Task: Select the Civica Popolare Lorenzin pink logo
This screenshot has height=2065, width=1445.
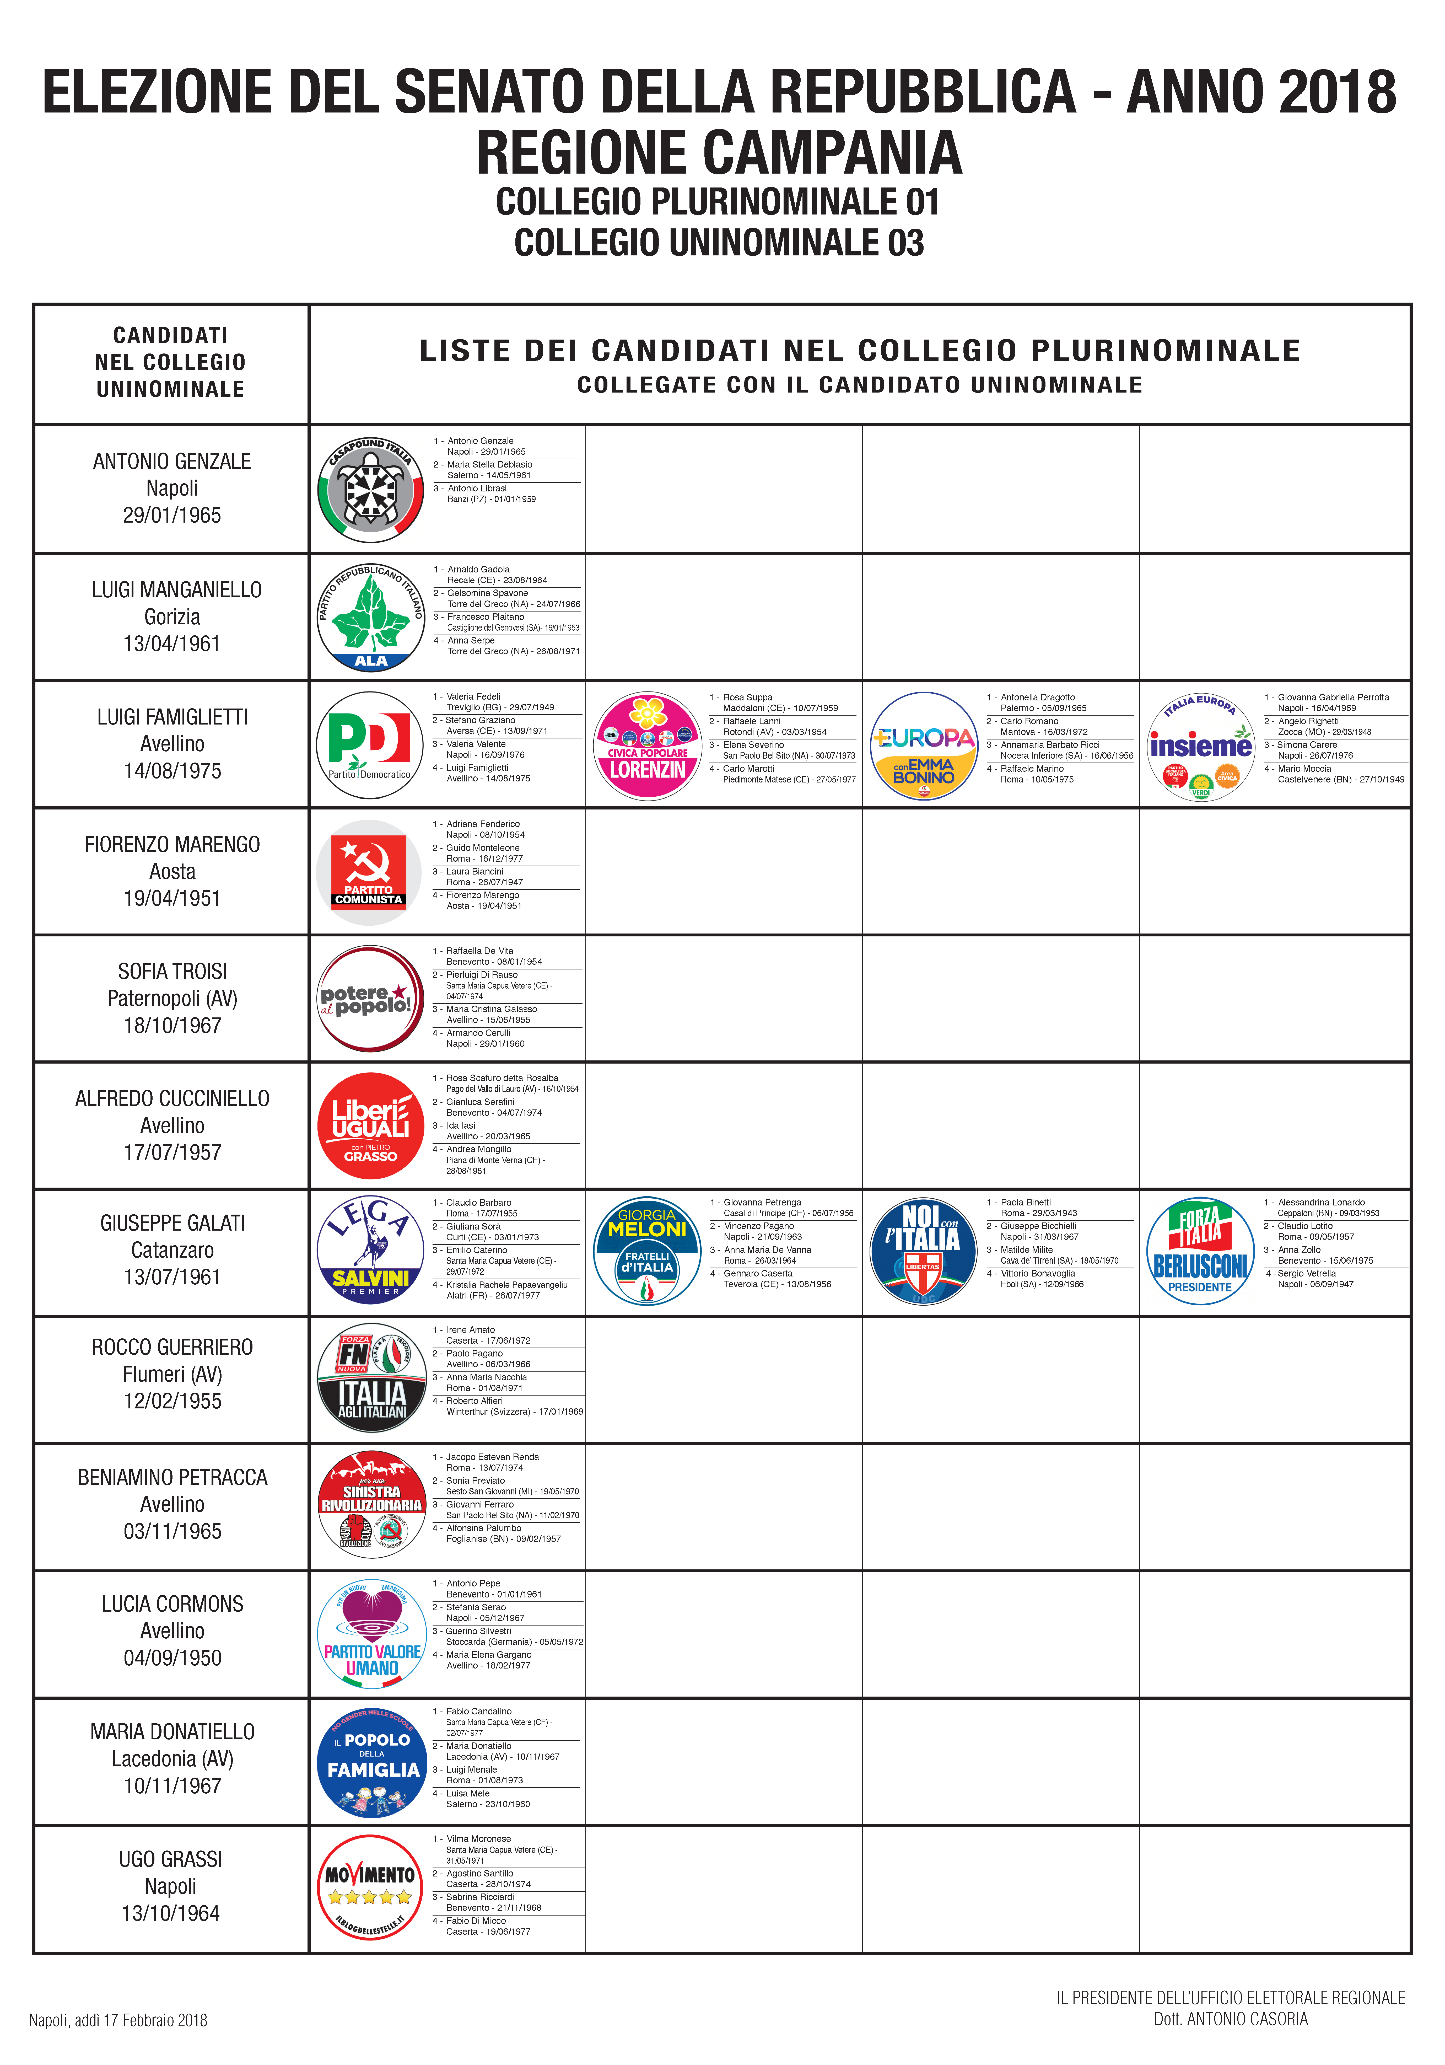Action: click(x=648, y=745)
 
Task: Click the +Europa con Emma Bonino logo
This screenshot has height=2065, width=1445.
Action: click(x=924, y=745)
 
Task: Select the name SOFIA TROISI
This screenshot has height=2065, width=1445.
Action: click(x=172, y=971)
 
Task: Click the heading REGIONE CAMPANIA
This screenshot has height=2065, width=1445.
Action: click(x=719, y=153)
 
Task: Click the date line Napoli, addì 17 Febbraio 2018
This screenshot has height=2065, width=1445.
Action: click(x=118, y=2020)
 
